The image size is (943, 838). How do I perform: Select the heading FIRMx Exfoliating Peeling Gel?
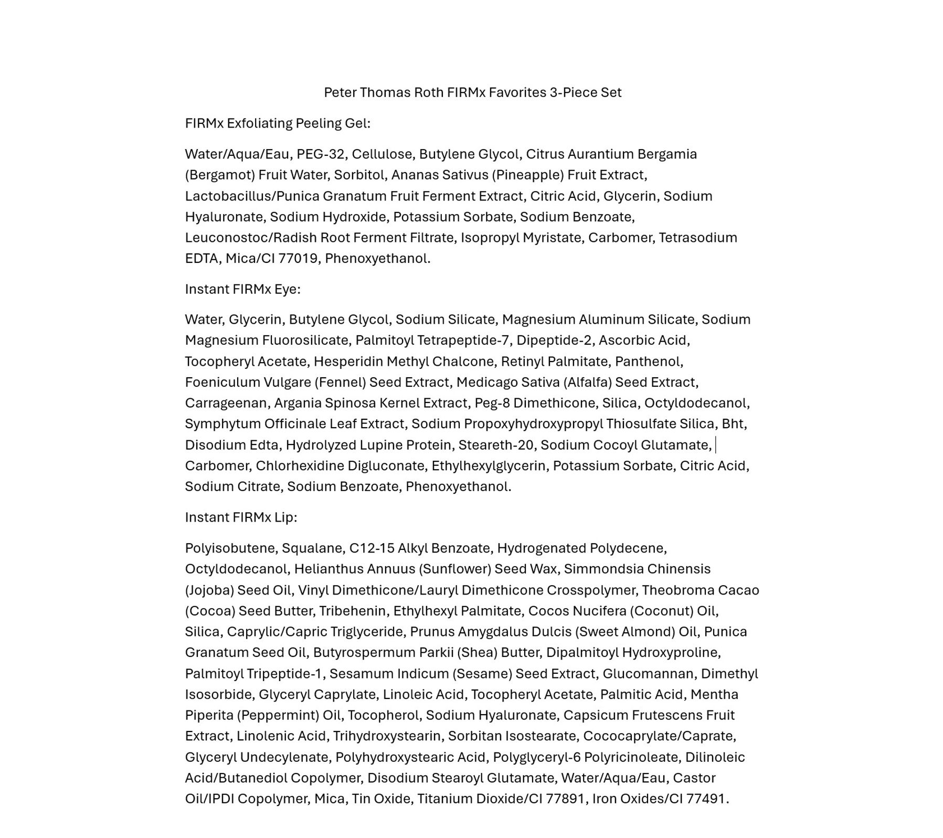277,123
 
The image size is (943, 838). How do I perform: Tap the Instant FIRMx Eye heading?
242,289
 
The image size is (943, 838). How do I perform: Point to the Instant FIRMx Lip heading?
241,517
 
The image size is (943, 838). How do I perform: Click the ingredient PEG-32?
320,154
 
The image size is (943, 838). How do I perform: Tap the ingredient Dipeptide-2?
554,341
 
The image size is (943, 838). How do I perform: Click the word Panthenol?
649,362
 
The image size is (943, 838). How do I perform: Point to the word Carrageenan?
226,403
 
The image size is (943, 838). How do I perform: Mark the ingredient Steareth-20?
495,445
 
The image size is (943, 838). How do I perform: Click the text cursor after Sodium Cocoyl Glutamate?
716,445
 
